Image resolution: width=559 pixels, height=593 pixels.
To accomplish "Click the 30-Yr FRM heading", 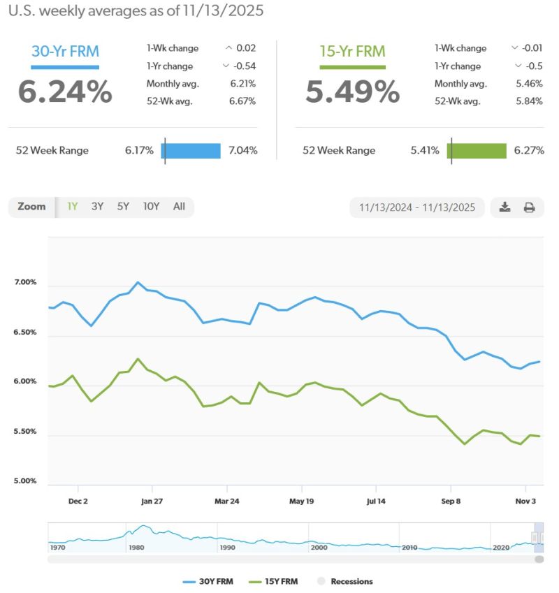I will pyautogui.click(x=65, y=51).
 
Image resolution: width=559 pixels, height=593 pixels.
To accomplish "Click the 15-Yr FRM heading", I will pyautogui.click(x=352, y=51).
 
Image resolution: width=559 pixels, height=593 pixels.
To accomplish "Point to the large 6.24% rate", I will pyautogui.click(x=65, y=91).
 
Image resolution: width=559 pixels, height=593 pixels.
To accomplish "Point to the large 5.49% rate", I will pyautogui.click(x=353, y=91).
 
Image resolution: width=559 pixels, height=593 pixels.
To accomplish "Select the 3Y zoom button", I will pyautogui.click(x=98, y=207).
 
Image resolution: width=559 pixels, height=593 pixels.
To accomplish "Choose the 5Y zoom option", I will pyautogui.click(x=123, y=207).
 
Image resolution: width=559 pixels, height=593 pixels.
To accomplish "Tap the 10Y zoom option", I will pyautogui.click(x=151, y=207).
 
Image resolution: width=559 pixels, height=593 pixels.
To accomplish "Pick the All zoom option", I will pyautogui.click(x=180, y=207).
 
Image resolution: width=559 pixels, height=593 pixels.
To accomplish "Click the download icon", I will pyautogui.click(x=505, y=207).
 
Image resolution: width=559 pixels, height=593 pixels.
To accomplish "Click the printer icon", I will pyautogui.click(x=529, y=207).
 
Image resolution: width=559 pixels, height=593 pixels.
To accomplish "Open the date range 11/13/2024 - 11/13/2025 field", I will pyautogui.click(x=417, y=207).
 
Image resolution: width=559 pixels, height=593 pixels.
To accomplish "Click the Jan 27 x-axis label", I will pyautogui.click(x=152, y=501).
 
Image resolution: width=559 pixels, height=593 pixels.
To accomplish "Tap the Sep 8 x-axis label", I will pyautogui.click(x=451, y=501).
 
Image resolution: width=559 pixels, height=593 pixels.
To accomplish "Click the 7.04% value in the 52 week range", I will pyautogui.click(x=243, y=150).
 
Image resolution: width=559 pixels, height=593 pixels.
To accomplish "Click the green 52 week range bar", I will pyautogui.click(x=477, y=150).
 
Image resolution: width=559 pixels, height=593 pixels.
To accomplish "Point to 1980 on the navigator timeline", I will pyautogui.click(x=137, y=548).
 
